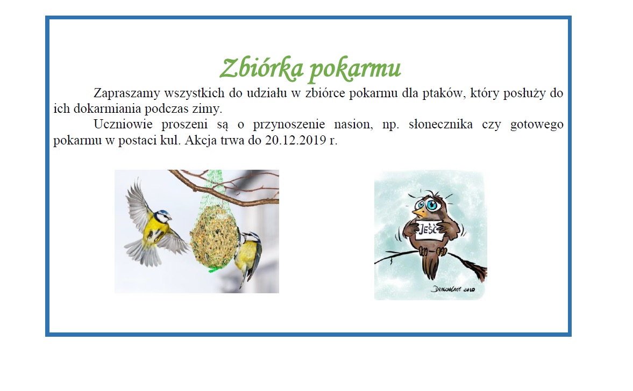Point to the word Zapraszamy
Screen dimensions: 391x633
pos(126,93)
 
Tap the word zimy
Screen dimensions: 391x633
pos(209,109)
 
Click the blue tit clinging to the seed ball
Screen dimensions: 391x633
pos(250,252)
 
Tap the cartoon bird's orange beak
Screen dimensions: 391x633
pos(418,214)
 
